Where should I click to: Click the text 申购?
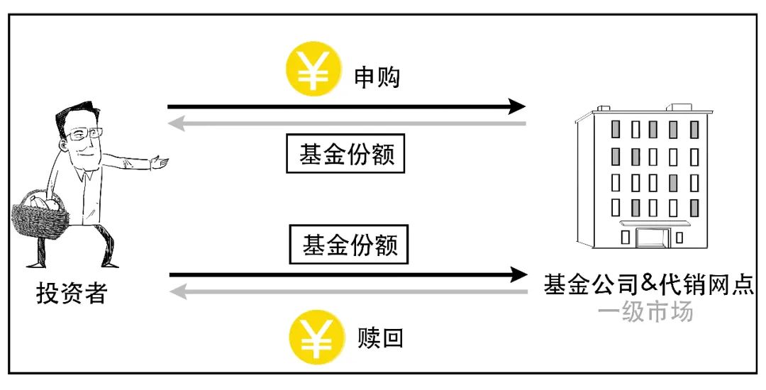[377, 77]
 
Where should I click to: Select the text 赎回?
[380, 338]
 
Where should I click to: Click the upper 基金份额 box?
[345, 153]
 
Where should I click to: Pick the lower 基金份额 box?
[348, 244]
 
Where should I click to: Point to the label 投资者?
[72, 294]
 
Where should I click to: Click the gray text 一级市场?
[645, 311]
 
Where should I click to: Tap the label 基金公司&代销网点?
[649, 284]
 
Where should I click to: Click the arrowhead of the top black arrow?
[517, 106]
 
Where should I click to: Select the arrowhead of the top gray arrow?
[176, 123]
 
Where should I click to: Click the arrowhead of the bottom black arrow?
[518, 275]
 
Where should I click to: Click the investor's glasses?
[84, 133]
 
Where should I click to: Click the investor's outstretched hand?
[160, 162]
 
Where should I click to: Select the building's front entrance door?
[652, 238]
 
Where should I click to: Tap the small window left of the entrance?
[625, 238]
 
